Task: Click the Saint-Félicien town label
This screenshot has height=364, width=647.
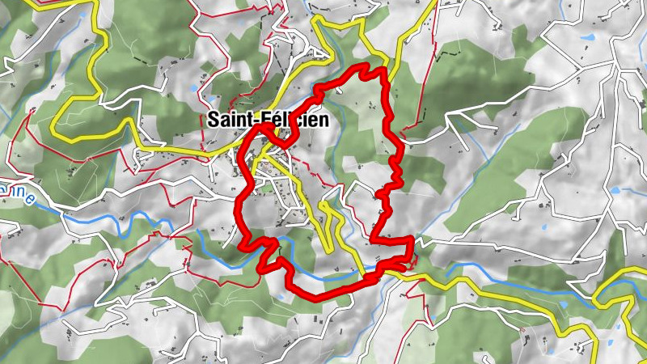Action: (268, 120)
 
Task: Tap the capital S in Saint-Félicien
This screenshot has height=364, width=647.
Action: (214, 120)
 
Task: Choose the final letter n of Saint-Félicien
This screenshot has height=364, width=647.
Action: (323, 120)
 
